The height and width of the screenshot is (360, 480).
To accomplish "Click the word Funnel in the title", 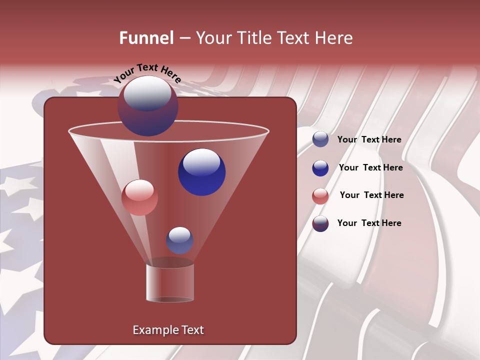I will click(x=146, y=38).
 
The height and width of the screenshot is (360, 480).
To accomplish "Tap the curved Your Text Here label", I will click(x=147, y=73).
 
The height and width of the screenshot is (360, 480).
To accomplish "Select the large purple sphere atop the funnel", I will click(x=147, y=106).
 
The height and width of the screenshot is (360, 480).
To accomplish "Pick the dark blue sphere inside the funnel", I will click(x=201, y=172).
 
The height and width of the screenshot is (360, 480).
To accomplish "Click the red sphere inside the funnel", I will click(x=139, y=197).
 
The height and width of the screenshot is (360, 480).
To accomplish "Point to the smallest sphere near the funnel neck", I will click(x=179, y=240).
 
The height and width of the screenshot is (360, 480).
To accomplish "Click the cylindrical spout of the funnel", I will click(x=170, y=282).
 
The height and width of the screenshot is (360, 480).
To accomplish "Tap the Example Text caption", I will click(x=168, y=330).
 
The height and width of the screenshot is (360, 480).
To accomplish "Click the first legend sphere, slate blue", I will click(x=320, y=139).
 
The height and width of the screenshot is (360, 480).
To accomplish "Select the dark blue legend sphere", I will click(x=320, y=168).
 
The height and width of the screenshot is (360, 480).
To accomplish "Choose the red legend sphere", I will click(x=320, y=196).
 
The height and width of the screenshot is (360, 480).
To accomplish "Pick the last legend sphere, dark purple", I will click(x=320, y=223).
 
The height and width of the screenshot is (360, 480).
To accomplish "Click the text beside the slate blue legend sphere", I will click(x=369, y=140).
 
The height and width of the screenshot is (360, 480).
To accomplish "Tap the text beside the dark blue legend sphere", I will click(x=370, y=167).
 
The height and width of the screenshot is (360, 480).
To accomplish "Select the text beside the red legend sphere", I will click(x=371, y=195).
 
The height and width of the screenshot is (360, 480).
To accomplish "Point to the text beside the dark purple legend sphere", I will click(x=369, y=223).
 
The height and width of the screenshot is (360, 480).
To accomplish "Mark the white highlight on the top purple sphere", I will click(x=147, y=94).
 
